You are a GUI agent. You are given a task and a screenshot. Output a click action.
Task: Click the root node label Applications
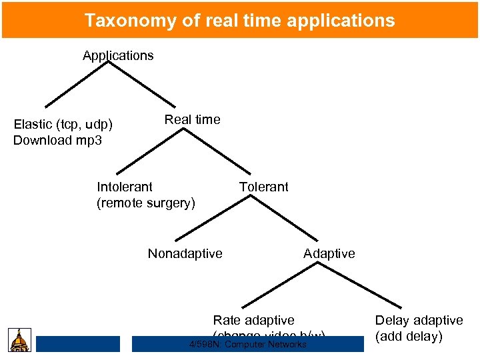pos(118,55)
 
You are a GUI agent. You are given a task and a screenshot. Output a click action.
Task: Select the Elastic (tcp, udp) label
pos(63,124)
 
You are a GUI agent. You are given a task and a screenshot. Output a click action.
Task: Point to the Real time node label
pos(192,119)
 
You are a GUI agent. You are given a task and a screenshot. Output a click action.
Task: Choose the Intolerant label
pos(125,187)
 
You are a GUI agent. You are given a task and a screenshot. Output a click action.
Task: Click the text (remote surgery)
pos(146,203)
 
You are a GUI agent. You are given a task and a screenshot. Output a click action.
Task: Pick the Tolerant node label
pos(264,187)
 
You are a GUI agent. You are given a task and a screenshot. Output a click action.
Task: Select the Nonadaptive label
pos(185,253)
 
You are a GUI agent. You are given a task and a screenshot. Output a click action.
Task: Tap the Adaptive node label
pos(329,253)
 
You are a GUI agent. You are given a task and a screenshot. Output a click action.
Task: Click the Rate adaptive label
pos(253,321)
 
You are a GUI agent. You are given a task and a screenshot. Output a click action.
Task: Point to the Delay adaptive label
pos(419,321)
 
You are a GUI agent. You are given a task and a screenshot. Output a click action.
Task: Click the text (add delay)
pos(409,337)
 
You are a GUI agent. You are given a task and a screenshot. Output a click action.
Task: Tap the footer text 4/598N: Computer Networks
pos(248,344)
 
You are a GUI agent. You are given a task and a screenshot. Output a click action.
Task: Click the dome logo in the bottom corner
pos(19,339)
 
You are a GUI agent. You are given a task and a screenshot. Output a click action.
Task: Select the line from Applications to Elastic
pos(77,85)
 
